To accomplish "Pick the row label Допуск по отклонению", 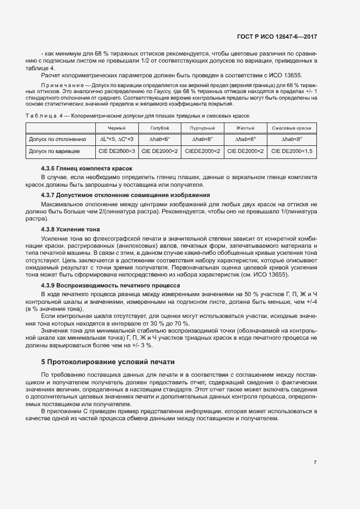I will coord(57,139).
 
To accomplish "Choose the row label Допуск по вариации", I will coord(54,151).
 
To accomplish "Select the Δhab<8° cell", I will coord(291,139).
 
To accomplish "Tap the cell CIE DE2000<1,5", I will coord(291,151).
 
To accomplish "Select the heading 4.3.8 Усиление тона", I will coord(70,229).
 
